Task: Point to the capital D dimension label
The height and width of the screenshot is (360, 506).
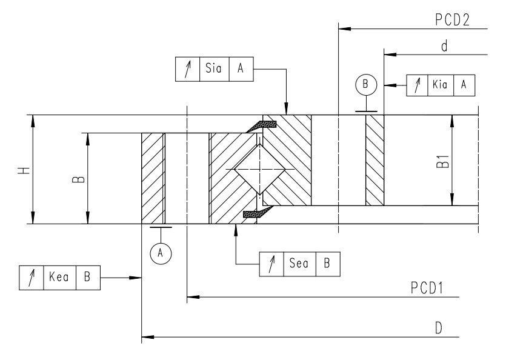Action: (x=437, y=327)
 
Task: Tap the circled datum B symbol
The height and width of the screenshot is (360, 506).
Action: (x=365, y=84)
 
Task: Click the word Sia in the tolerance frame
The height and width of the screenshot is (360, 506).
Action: (x=213, y=68)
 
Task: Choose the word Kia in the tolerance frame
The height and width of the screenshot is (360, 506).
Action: (x=439, y=85)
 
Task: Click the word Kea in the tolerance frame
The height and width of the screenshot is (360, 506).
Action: (x=59, y=277)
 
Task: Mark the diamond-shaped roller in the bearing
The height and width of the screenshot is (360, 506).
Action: (x=258, y=170)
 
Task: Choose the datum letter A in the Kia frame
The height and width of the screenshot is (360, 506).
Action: (x=464, y=85)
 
